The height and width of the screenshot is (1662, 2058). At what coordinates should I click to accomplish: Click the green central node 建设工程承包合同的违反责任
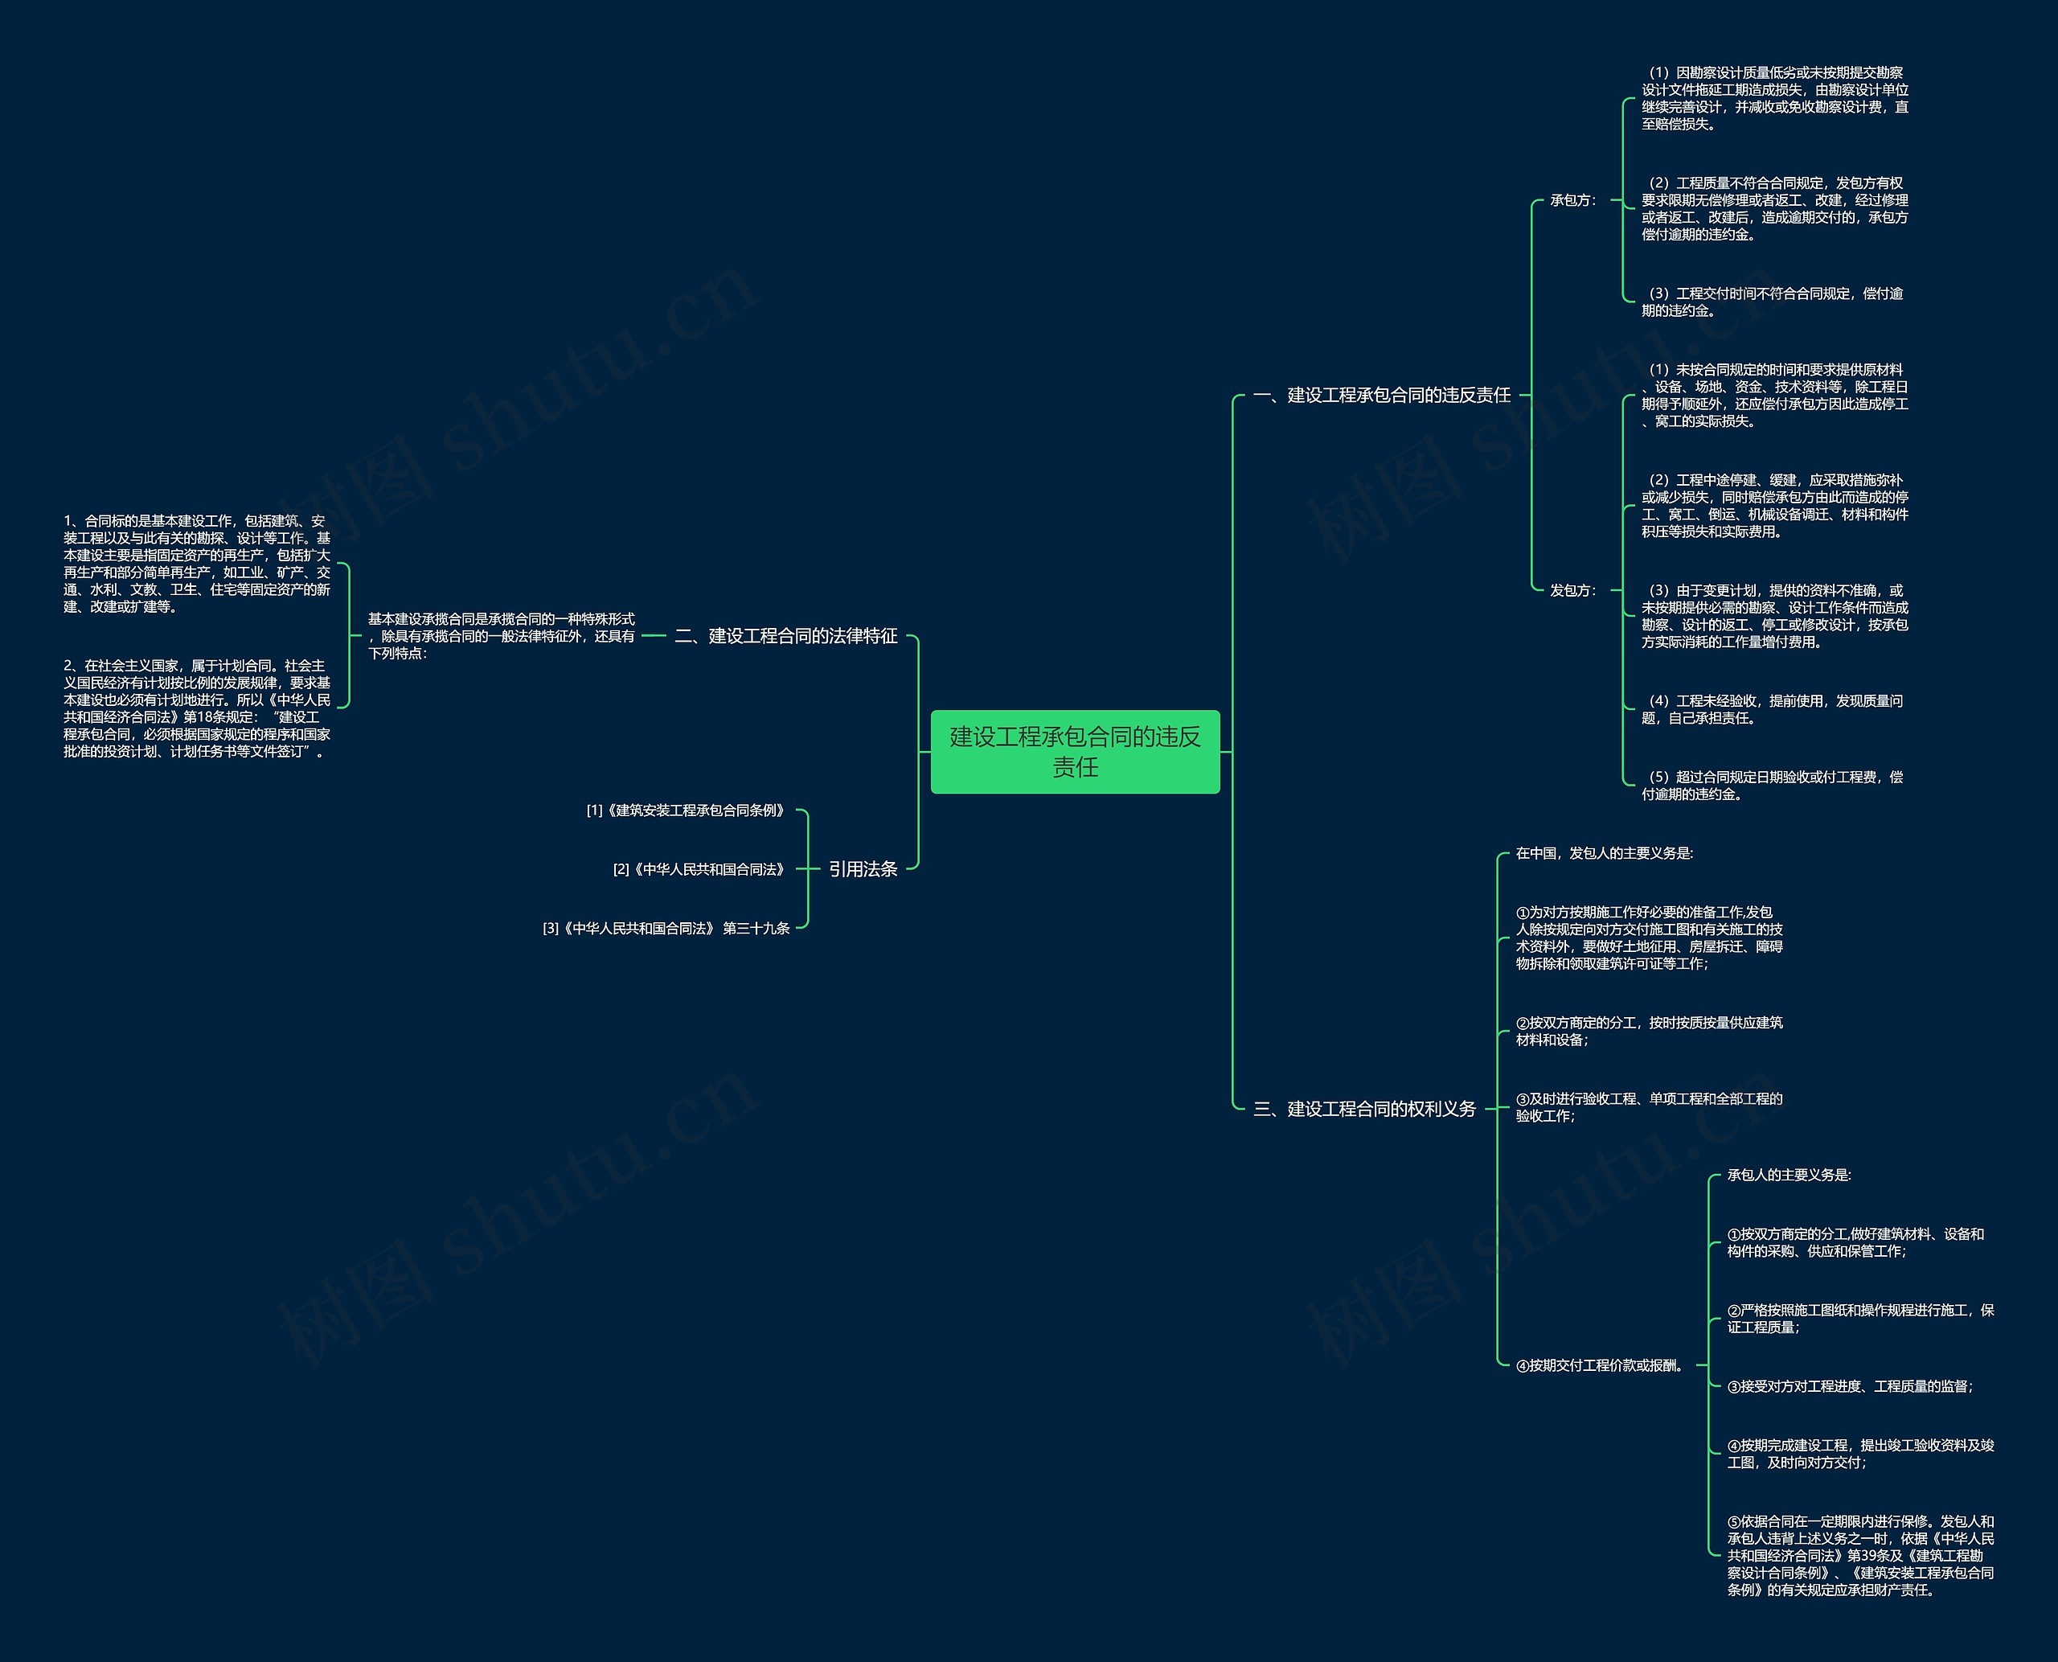point(1075,752)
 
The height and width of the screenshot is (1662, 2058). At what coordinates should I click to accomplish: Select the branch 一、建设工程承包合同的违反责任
point(1381,395)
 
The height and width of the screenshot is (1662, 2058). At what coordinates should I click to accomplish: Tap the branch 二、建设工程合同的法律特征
point(786,636)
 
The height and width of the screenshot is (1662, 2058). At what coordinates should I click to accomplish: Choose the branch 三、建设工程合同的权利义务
point(1364,1109)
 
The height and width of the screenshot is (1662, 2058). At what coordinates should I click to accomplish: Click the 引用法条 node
point(863,868)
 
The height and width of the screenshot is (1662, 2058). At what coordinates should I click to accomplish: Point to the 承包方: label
point(1572,200)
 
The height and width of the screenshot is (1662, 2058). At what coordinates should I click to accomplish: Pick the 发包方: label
point(1572,591)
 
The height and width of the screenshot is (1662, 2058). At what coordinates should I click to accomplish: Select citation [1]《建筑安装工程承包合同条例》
point(688,810)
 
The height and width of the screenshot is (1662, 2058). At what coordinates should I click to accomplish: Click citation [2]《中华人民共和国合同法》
point(702,869)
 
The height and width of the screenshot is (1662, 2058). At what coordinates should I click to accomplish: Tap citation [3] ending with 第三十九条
point(666,928)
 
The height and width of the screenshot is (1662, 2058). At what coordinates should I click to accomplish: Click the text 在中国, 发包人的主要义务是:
point(1605,853)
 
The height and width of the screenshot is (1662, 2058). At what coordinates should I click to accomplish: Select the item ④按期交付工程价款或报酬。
point(1600,1365)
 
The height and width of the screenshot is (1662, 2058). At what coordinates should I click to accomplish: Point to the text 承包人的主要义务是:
point(1789,1175)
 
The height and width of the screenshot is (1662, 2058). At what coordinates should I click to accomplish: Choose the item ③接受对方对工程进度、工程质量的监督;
point(1849,1386)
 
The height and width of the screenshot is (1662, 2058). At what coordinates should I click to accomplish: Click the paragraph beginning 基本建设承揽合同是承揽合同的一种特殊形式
point(502,636)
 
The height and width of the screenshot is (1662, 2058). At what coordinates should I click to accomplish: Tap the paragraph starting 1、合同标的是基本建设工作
point(197,563)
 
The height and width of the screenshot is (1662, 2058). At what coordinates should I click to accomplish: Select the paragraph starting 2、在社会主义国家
point(197,708)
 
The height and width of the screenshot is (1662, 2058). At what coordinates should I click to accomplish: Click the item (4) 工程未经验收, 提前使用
point(1773,709)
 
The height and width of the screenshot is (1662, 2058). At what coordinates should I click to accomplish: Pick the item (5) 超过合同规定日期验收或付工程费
point(1773,785)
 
